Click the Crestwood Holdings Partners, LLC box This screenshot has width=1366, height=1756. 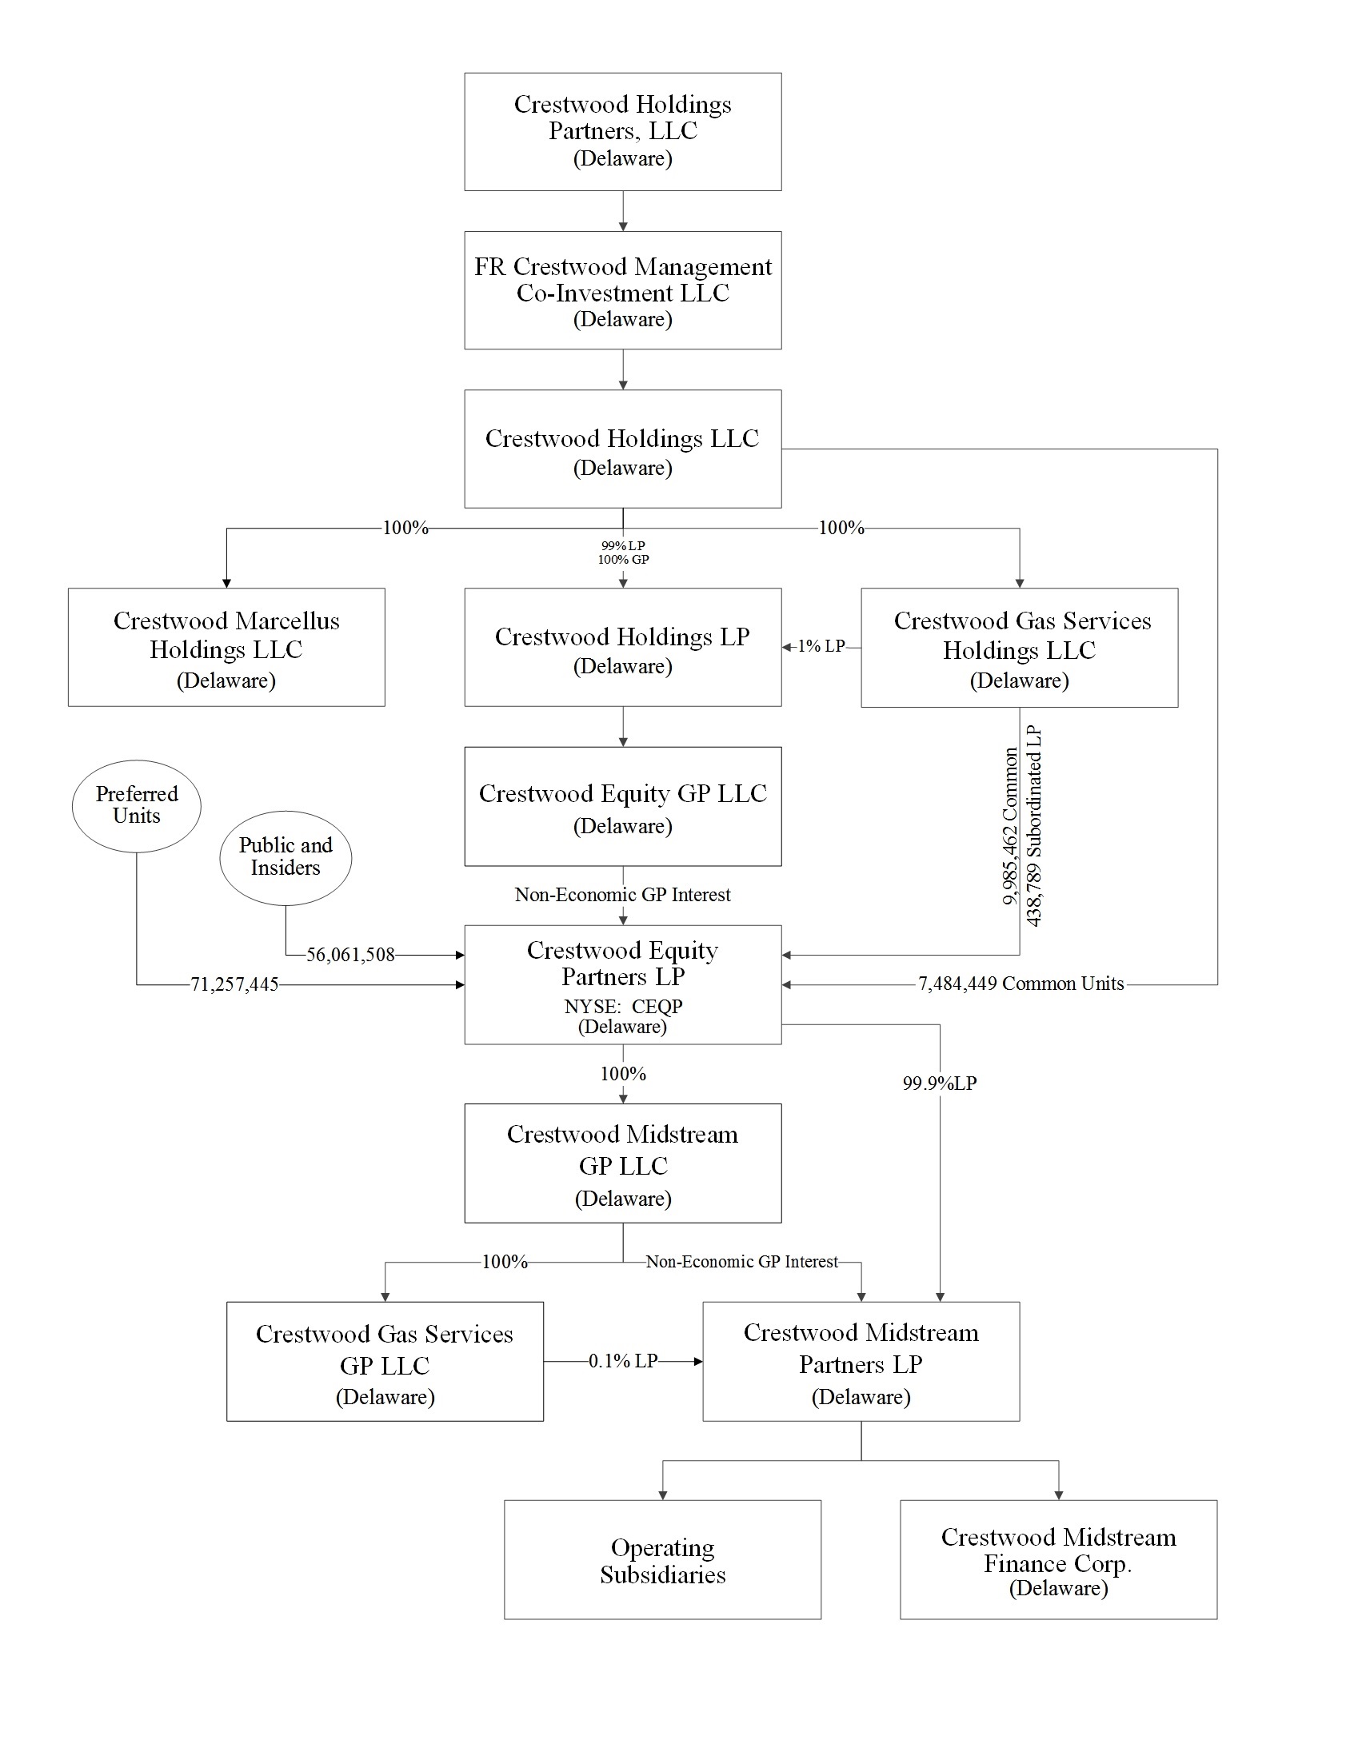point(622,132)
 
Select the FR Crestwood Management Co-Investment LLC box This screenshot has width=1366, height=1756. point(622,290)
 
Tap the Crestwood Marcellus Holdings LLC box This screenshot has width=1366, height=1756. point(226,647)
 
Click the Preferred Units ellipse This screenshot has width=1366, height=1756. point(137,806)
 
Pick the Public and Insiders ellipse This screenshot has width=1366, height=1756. point(286,857)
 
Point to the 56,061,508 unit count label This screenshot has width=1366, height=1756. point(350,956)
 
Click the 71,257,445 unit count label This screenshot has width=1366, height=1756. point(234,985)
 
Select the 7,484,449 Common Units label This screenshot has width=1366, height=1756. point(1021,984)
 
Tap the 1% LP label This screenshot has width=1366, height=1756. point(821,646)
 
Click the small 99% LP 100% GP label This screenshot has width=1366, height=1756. point(623,553)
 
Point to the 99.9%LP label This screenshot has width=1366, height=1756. point(939,1084)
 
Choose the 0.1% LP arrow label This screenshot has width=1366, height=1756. point(623,1361)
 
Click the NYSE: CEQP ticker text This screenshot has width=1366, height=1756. point(623,1007)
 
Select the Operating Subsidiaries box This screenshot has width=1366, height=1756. point(662,1560)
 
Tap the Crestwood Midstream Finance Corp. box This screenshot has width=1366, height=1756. point(1058,1560)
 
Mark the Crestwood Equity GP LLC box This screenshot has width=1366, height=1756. point(622,807)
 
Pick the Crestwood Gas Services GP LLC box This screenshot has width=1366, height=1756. point(385,1361)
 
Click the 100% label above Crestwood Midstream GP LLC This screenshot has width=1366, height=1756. point(623,1074)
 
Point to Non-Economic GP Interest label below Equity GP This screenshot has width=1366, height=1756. point(622,895)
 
